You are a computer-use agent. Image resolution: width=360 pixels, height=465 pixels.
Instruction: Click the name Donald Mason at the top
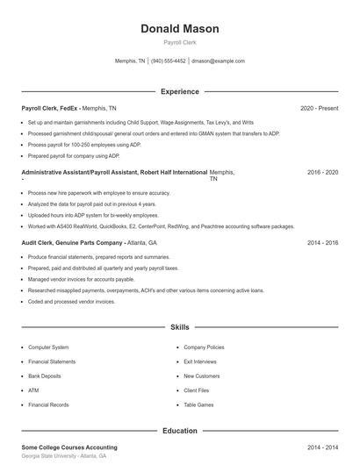[179, 29]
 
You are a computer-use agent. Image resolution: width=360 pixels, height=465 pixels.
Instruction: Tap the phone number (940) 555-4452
[169, 61]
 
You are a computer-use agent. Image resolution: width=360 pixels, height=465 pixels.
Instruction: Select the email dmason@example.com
[218, 61]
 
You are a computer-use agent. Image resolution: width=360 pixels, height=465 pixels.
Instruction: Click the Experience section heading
[179, 91]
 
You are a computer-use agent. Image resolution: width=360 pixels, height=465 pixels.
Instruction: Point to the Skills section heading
[179, 327]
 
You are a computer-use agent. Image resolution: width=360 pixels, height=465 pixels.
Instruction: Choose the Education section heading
[179, 431]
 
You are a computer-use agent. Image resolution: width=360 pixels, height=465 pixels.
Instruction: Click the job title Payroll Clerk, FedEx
[50, 108]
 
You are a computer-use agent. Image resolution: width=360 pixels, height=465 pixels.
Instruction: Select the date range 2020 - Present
[319, 108]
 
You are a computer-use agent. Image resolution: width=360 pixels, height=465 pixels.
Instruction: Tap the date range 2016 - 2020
[322, 173]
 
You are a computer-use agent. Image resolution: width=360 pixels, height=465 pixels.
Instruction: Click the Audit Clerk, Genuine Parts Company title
[72, 242]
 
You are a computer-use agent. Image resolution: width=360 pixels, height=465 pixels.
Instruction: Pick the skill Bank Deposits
[46, 376]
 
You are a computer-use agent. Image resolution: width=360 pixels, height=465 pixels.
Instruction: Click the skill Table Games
[198, 404]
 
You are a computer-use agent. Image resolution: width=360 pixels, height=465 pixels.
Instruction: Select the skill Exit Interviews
[201, 361]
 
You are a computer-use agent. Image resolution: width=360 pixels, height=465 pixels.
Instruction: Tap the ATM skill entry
[33, 390]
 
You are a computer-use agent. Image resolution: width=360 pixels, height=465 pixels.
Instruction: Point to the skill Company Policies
[204, 347]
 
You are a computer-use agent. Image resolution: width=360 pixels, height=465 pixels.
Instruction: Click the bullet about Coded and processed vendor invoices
[71, 301]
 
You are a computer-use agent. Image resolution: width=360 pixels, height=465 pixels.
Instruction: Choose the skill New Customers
[202, 376]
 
